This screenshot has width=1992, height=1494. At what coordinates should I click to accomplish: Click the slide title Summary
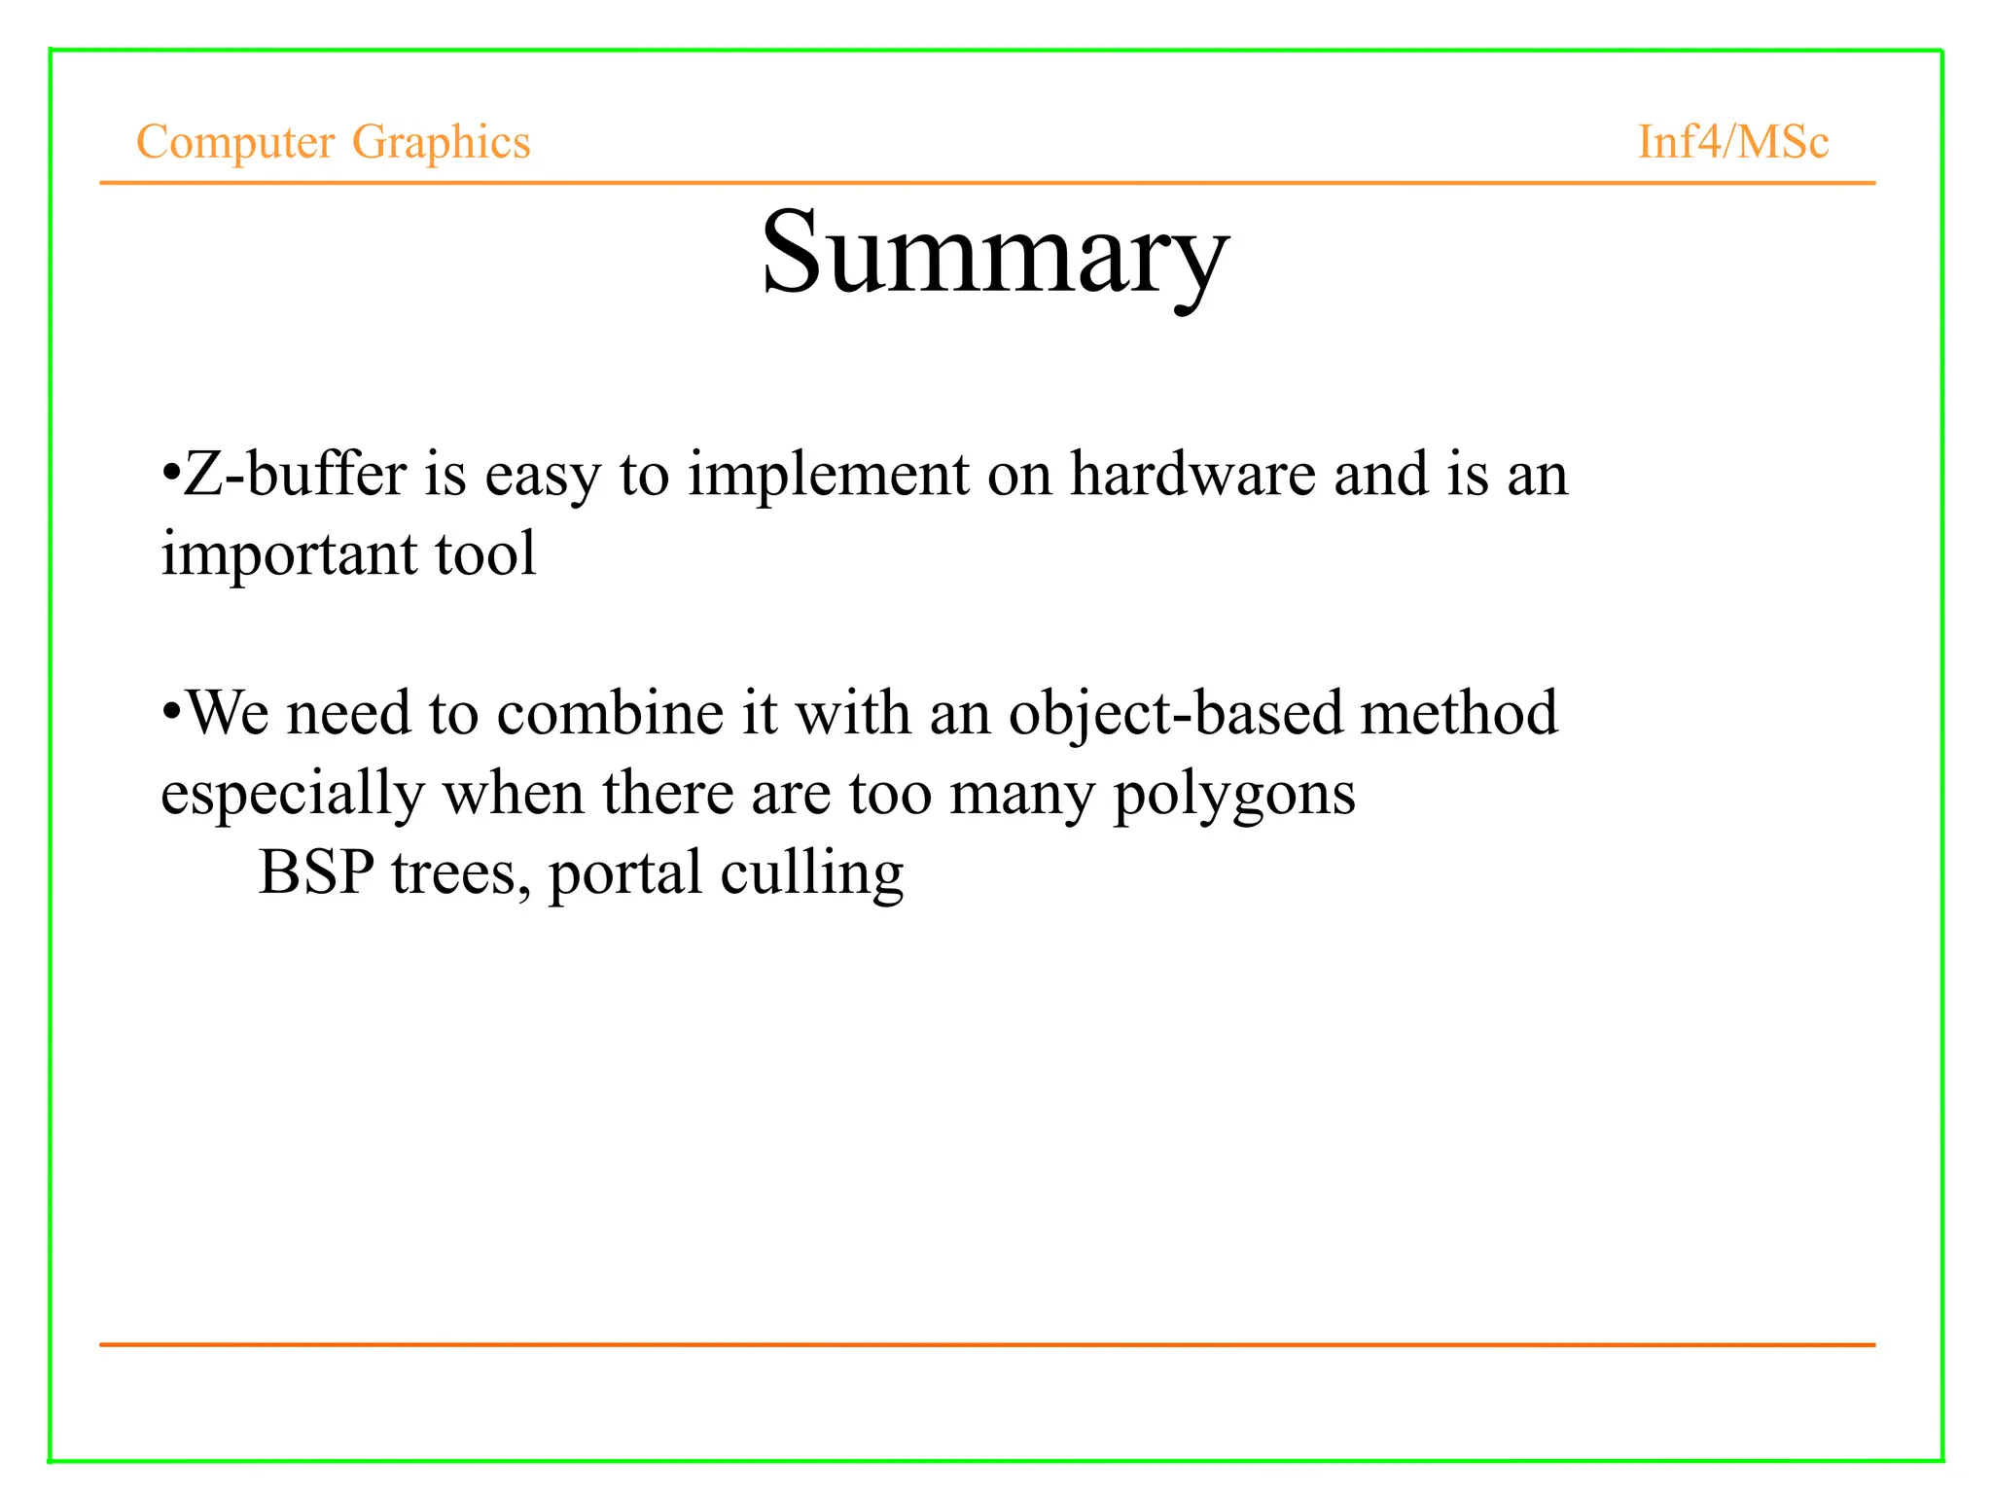tap(994, 255)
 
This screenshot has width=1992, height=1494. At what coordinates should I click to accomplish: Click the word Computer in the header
tap(235, 142)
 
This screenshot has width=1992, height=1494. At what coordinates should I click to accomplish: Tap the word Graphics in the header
tap(441, 142)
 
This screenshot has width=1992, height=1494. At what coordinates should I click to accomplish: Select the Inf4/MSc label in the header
tap(1732, 142)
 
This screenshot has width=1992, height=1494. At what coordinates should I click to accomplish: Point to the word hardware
tap(1192, 475)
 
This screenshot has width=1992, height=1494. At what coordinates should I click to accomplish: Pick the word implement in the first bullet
tap(829, 475)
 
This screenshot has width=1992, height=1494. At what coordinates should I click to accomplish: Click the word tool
tap(485, 554)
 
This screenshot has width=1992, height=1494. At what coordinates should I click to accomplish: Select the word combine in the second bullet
tap(610, 713)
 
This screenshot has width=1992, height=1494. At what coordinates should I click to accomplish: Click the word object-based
tap(1175, 713)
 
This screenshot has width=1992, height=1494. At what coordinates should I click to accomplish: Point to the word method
tap(1459, 713)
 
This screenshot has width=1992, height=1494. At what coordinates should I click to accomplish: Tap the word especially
tap(293, 794)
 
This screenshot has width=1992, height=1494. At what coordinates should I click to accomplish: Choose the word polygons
tap(1233, 794)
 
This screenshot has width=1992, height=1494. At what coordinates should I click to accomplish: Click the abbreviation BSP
tap(316, 872)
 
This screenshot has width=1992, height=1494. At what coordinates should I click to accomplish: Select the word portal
tap(624, 872)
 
